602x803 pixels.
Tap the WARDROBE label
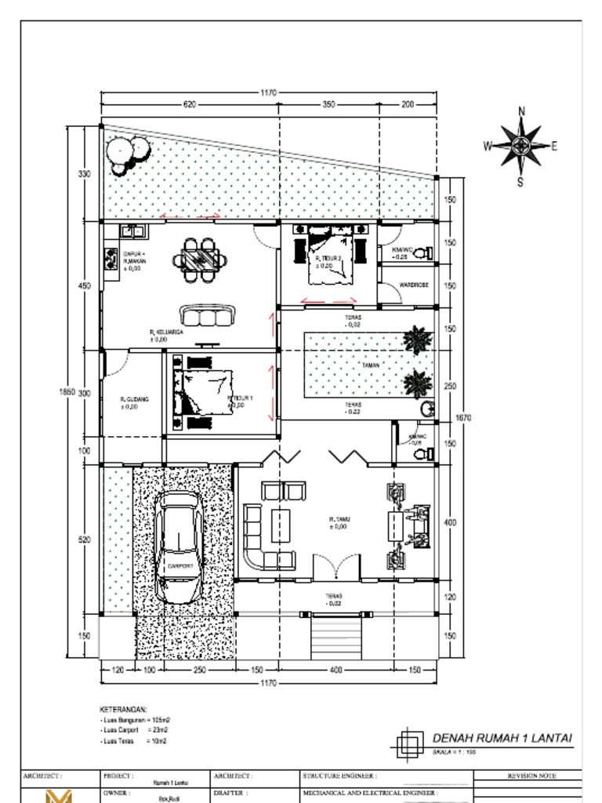pyautogui.click(x=413, y=285)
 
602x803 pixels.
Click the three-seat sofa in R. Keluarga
pyautogui.click(x=208, y=315)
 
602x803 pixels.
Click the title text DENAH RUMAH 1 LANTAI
pyautogui.click(x=502, y=738)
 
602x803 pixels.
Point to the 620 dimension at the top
pyautogui.click(x=190, y=104)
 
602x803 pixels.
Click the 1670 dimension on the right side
pyautogui.click(x=464, y=419)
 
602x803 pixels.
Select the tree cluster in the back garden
pyautogui.click(x=128, y=154)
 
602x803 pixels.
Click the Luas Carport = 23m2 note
pyautogui.click(x=133, y=729)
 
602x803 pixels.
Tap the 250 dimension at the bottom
pyautogui.click(x=199, y=670)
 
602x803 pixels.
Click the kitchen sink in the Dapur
pyautogui.click(x=132, y=231)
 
